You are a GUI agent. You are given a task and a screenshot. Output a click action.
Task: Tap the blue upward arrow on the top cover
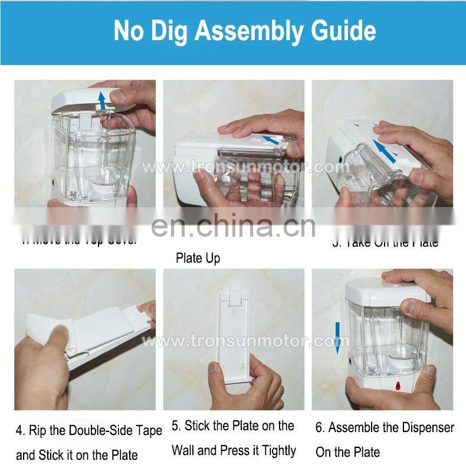pos(103,100)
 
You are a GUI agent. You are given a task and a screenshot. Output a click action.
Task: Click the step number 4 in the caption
pos(20,431)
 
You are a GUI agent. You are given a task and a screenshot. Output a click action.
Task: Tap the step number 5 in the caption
pos(176,426)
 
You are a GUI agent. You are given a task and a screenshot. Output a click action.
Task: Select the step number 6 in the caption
pos(319,427)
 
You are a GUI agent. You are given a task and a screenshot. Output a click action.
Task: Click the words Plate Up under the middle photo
pos(198,259)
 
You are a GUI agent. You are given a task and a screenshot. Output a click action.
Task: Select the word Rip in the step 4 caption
pos(38,431)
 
